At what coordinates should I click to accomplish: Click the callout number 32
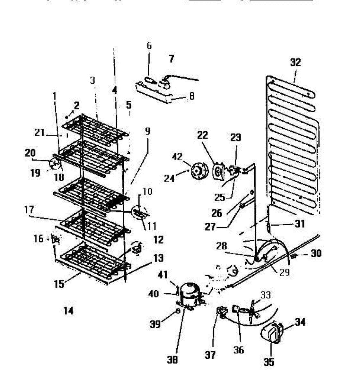(295, 62)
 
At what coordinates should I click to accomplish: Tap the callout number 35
(269, 362)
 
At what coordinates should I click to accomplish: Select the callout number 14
(68, 310)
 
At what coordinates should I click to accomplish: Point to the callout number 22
(203, 135)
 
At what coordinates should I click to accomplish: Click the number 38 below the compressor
(172, 360)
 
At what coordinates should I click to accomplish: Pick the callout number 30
(316, 254)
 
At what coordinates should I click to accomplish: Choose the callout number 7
(171, 59)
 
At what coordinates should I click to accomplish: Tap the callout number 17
(29, 210)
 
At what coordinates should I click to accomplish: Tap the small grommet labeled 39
(177, 311)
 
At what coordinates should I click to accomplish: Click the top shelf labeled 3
(96, 127)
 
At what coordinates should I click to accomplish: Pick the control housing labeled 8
(154, 93)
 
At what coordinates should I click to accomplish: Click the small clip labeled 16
(56, 239)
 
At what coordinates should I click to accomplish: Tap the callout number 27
(210, 227)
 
